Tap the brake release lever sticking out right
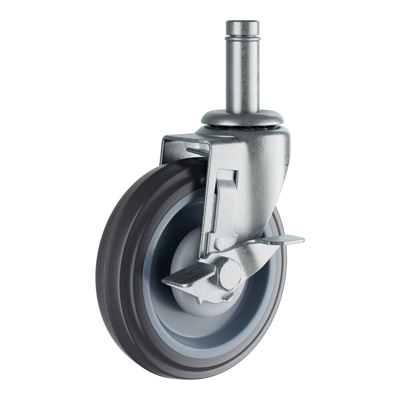coord(286,240)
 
